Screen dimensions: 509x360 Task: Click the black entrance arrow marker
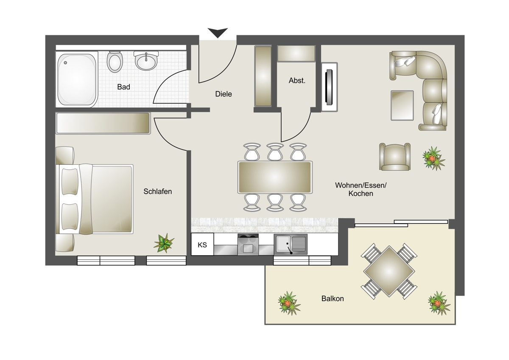tap(218, 32)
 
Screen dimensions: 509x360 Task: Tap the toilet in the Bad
tap(115, 62)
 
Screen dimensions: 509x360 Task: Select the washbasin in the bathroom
tap(146, 60)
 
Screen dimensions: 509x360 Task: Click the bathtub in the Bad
tap(77, 79)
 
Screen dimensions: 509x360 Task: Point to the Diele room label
tap(224, 94)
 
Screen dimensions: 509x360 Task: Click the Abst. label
tap(297, 81)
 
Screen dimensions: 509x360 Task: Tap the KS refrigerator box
tap(202, 244)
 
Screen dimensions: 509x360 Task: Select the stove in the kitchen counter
tap(248, 245)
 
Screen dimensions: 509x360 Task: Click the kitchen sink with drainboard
tap(291, 244)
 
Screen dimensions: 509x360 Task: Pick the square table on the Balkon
tap(389, 272)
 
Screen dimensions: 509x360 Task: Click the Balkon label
tap(333, 298)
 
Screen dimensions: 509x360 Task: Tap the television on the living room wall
tap(329, 87)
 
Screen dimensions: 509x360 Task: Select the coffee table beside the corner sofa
tap(402, 105)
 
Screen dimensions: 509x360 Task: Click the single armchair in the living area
tap(395, 157)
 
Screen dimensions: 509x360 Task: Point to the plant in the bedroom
tap(164, 243)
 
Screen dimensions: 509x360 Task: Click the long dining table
tap(275, 177)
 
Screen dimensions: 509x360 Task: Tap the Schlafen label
tap(157, 191)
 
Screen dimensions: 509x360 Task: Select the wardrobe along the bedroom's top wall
tap(103, 123)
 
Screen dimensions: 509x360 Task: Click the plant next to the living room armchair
tap(433, 158)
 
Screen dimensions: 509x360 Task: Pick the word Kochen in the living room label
tap(361, 194)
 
